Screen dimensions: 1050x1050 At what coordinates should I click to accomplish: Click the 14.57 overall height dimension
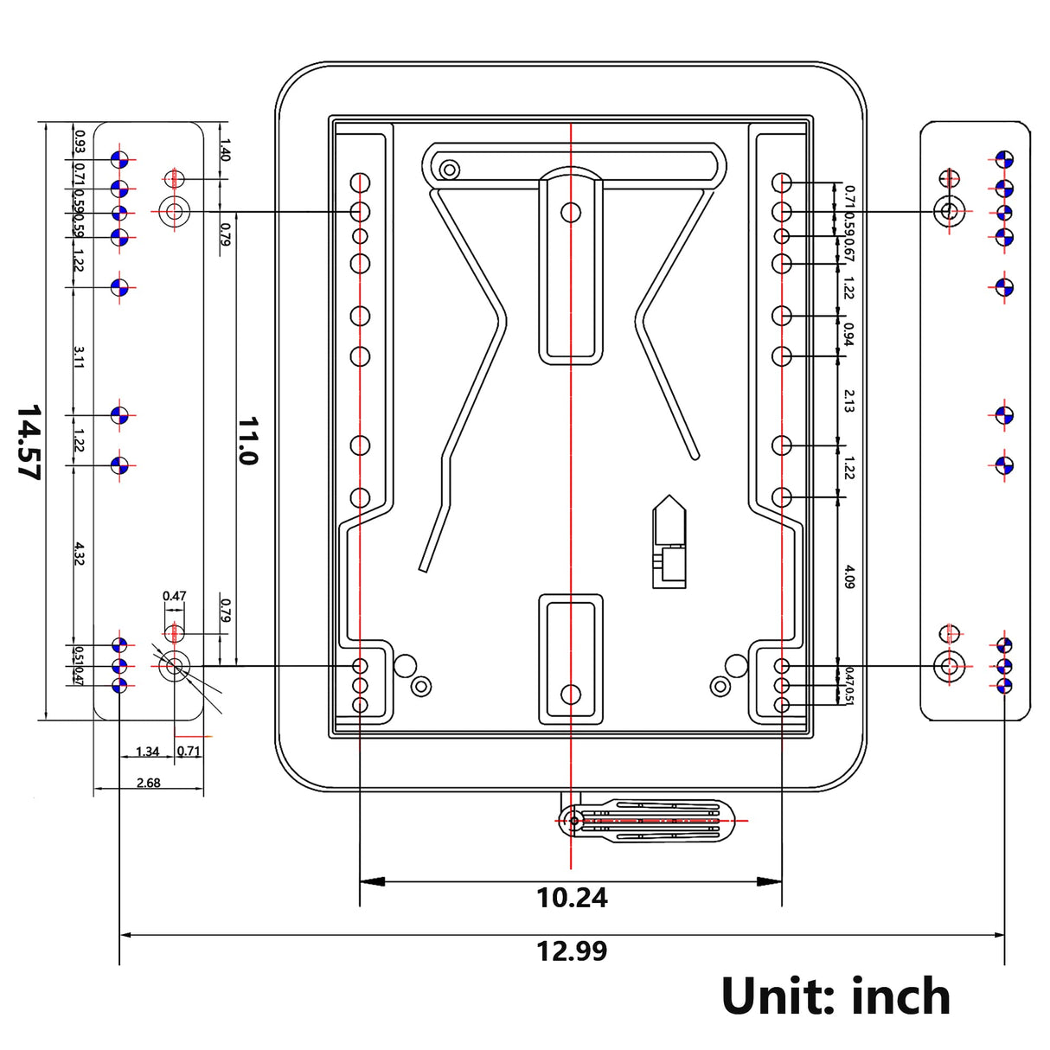coord(29,441)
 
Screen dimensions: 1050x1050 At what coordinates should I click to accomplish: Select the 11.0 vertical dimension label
coord(248,440)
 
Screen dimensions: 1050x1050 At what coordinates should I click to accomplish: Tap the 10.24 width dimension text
coord(572,898)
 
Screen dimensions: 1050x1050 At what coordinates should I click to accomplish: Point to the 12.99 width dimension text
coord(572,951)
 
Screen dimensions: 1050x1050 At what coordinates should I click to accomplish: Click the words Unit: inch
coord(836,996)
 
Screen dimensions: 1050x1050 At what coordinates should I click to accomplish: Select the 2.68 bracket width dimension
coord(149,783)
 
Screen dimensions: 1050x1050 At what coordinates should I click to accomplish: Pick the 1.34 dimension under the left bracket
coord(148,752)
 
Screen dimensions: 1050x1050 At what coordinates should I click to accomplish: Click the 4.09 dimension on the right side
coord(849,577)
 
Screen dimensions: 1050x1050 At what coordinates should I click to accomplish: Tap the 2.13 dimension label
coord(849,400)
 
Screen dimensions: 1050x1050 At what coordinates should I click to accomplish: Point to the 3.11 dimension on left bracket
coord(79,356)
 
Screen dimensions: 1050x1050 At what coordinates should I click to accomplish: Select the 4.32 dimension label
coord(79,554)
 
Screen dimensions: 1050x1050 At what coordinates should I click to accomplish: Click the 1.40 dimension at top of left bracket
coord(225,150)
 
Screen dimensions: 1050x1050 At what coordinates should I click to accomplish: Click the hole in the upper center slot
coord(571,211)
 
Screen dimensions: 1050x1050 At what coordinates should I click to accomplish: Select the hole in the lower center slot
coord(571,694)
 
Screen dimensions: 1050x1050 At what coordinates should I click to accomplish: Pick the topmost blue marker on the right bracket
coord(1004,159)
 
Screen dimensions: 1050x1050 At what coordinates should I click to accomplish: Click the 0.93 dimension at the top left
coord(80,140)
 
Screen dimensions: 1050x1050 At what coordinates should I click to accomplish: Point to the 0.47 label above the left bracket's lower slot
coord(174,596)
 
